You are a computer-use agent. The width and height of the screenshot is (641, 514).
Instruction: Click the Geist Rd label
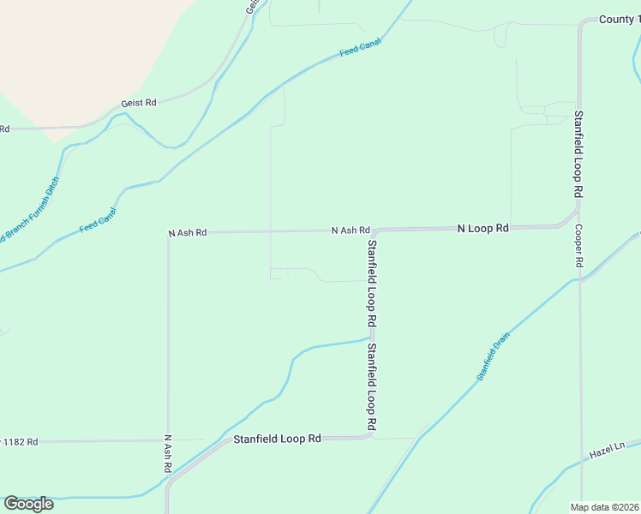(x=139, y=102)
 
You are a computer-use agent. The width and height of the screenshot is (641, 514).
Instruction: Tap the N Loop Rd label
(x=483, y=229)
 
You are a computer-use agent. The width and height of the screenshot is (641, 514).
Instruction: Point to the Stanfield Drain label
(x=494, y=358)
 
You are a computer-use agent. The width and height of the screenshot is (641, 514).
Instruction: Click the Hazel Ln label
(x=608, y=450)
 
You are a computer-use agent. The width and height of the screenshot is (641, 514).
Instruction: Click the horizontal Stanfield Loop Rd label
(x=277, y=438)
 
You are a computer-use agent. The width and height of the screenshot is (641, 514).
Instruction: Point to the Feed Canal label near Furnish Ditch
(x=98, y=220)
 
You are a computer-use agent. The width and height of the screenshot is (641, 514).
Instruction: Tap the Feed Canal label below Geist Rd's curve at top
(x=360, y=49)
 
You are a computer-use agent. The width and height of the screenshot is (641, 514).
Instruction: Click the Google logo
(x=28, y=504)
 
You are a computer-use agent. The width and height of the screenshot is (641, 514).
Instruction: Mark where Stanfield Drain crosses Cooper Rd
(x=580, y=278)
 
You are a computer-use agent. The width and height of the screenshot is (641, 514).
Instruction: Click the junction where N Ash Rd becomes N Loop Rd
(x=374, y=230)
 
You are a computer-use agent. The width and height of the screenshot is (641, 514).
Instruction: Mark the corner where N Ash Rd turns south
(x=169, y=233)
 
